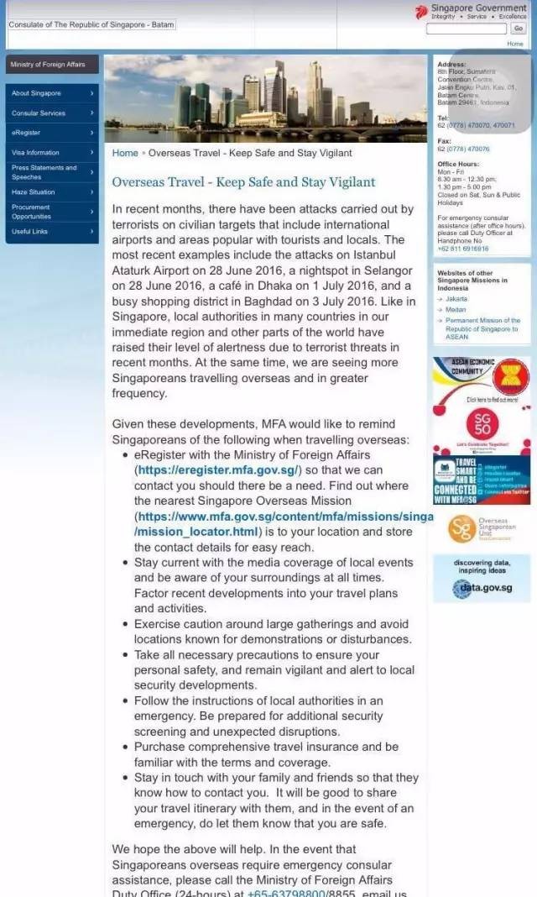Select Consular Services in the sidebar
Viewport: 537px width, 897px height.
(39, 113)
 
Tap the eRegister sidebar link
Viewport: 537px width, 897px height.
(26, 133)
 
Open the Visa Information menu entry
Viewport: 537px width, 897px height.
(35, 153)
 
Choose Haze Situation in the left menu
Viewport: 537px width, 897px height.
(33, 192)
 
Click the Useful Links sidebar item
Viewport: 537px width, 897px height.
(30, 232)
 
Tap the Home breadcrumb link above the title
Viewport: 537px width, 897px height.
(125, 154)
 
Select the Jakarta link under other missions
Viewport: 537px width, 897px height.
(456, 298)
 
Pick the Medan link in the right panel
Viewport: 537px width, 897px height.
(456, 309)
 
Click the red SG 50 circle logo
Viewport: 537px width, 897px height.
(482, 427)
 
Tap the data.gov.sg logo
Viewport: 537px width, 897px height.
(482, 588)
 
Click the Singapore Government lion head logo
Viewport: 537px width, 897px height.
(421, 12)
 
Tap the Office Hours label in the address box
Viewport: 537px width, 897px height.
(458, 164)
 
